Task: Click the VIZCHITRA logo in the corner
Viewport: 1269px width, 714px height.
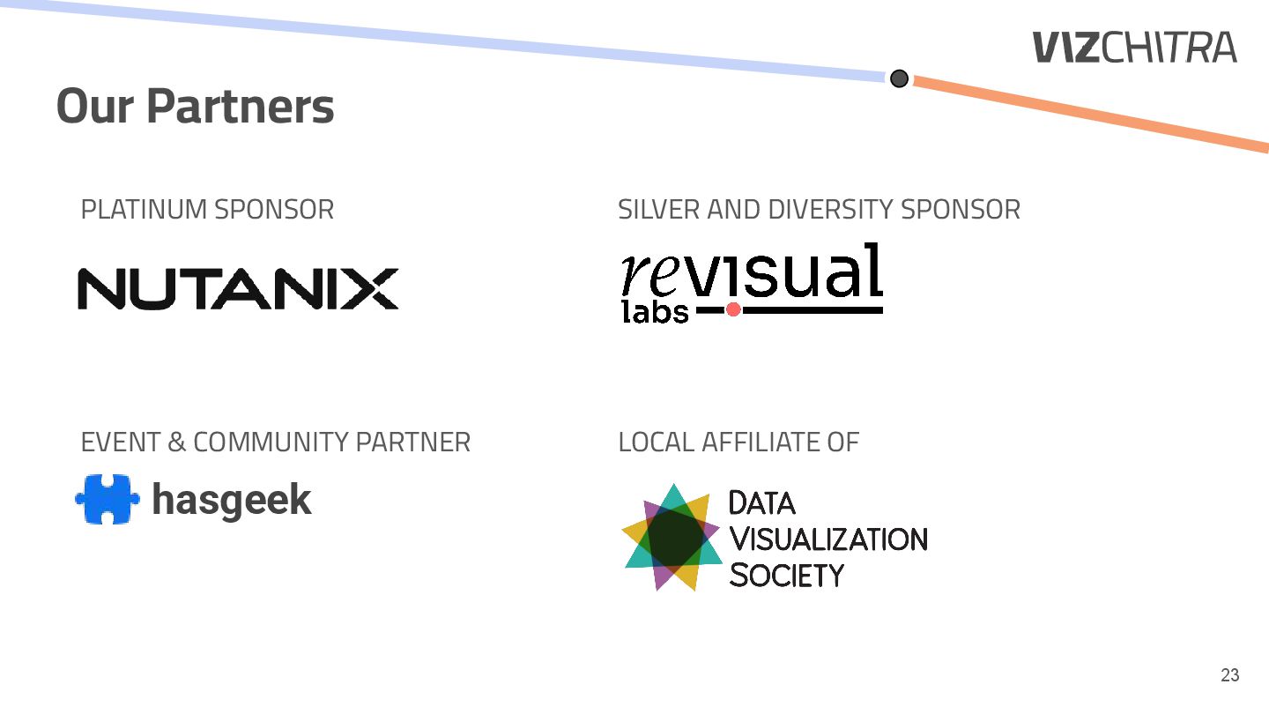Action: click(x=1134, y=47)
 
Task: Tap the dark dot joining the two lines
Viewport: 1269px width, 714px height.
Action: click(x=899, y=78)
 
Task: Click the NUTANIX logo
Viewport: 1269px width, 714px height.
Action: click(x=238, y=288)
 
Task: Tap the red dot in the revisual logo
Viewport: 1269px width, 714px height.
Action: click(x=732, y=309)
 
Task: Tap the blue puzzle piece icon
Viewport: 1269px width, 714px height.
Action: click(x=107, y=499)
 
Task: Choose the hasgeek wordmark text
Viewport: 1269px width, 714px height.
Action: click(x=232, y=500)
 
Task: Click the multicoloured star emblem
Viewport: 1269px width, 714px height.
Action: click(x=672, y=537)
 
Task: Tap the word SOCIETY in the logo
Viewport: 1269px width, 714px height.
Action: click(x=787, y=576)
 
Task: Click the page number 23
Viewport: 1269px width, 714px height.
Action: click(x=1229, y=675)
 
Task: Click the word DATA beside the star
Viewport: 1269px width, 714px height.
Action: click(x=762, y=503)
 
